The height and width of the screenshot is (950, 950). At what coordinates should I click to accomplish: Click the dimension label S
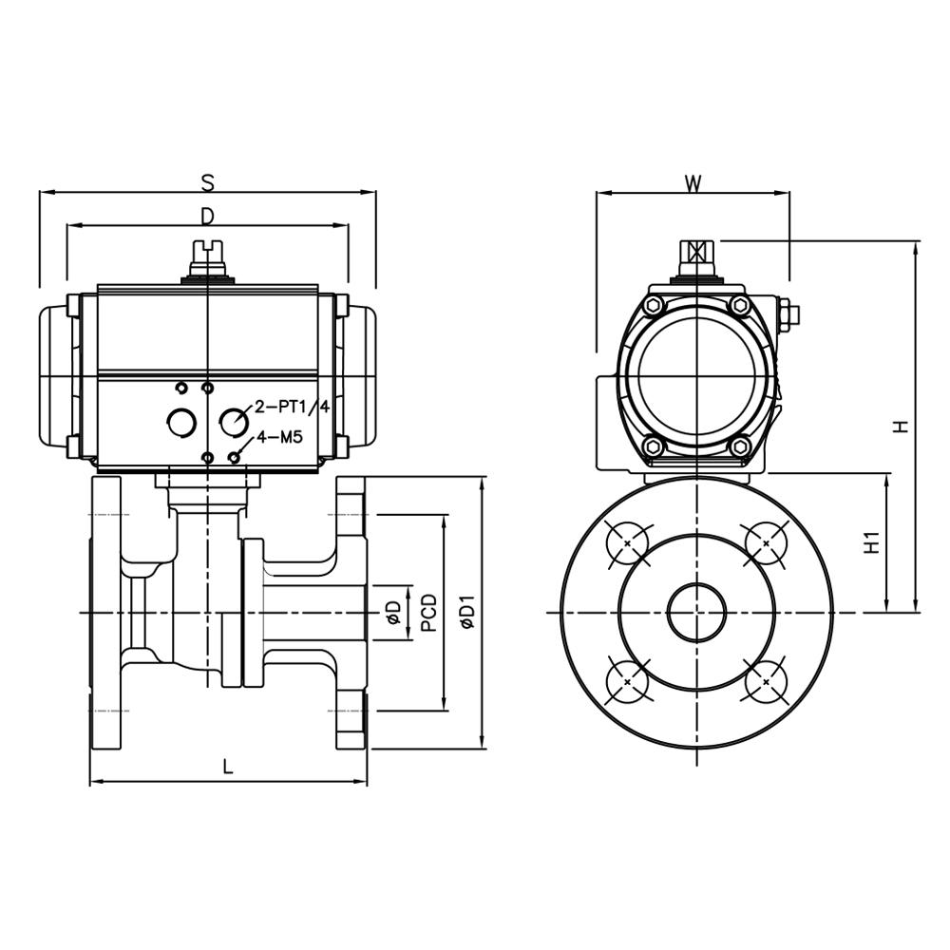[207, 180]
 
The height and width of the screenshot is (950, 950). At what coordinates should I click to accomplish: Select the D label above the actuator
[207, 217]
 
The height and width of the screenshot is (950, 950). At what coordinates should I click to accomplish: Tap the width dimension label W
[693, 183]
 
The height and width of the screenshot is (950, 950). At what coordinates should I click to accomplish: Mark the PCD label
[428, 613]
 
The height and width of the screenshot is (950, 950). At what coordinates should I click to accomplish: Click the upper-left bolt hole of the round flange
[628, 543]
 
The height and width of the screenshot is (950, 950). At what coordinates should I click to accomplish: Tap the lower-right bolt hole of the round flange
[766, 681]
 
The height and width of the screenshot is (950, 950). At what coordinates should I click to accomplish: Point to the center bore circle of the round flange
[697, 613]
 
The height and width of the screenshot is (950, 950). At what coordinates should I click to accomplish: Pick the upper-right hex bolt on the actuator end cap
[741, 305]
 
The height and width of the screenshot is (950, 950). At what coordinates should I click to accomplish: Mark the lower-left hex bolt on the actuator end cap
[653, 446]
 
